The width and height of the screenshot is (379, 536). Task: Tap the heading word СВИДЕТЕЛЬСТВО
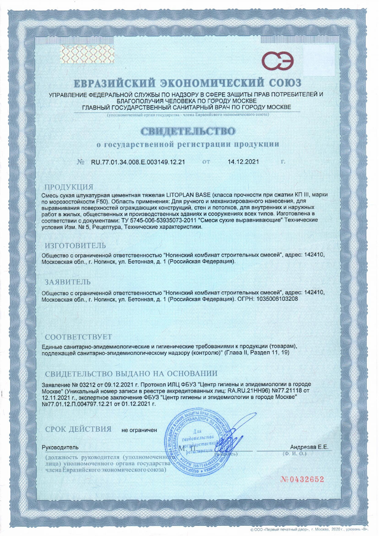tap(188, 131)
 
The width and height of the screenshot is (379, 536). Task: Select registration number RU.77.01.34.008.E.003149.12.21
tap(138, 162)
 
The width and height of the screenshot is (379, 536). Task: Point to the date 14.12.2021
tap(243, 162)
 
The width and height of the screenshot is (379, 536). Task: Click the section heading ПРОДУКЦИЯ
tap(69, 187)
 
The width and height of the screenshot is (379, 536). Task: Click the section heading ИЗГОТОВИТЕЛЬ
tap(75, 246)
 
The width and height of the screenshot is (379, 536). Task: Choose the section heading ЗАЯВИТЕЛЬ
tap(68, 282)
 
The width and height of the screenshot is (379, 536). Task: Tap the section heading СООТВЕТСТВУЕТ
tap(78, 337)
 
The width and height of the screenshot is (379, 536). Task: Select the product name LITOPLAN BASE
tap(188, 195)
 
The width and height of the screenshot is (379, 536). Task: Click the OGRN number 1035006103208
tap(277, 299)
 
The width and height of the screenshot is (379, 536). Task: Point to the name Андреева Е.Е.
tap(309, 447)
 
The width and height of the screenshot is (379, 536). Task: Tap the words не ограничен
tap(139, 430)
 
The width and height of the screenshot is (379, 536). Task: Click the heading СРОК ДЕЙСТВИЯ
tap(78, 429)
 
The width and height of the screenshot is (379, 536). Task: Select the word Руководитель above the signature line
tap(60, 447)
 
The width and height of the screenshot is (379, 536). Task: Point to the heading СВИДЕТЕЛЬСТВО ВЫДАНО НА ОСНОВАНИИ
tap(131, 374)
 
